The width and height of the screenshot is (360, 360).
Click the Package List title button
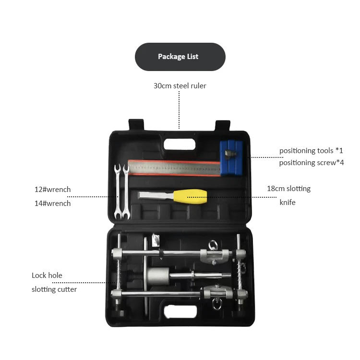[x=180, y=57]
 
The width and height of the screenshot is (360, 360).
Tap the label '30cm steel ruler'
[x=180, y=85]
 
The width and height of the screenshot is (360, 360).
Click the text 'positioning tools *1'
[x=311, y=151]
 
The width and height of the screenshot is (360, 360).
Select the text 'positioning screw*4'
[x=312, y=163]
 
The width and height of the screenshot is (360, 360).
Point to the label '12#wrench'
[x=53, y=190]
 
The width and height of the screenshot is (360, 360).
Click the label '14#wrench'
[x=53, y=204]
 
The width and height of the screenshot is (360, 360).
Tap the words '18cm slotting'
[x=288, y=189]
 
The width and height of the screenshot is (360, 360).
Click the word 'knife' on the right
[x=288, y=203]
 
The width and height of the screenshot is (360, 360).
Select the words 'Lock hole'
[x=47, y=276]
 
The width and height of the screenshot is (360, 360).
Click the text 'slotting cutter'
[x=54, y=289]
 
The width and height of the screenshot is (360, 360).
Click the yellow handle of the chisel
[x=191, y=197]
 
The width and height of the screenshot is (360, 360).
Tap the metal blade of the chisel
[x=156, y=195]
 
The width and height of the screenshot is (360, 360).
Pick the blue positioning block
[x=231, y=158]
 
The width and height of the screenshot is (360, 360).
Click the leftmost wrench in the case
[x=118, y=191]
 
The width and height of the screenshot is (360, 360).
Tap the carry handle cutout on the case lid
[x=180, y=144]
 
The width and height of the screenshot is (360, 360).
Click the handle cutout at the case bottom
[x=180, y=312]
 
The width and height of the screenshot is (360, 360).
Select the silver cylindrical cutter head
[x=158, y=274]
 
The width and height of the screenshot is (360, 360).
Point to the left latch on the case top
[x=136, y=125]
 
